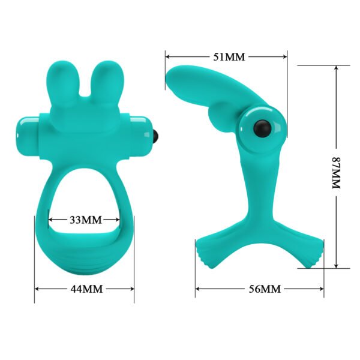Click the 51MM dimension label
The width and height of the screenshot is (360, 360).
pyautogui.click(x=229, y=57)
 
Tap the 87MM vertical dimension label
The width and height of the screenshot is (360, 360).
pyautogui.click(x=335, y=174)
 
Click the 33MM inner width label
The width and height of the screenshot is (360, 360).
pyautogui.click(x=85, y=219)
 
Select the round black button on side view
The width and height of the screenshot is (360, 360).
pyautogui.click(x=262, y=127)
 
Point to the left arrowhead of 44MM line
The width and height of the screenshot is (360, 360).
pyautogui.click(x=37, y=289)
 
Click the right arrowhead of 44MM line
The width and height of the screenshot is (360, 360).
pyautogui.click(x=132, y=289)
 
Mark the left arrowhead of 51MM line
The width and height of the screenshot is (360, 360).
pyautogui.click(x=167, y=57)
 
